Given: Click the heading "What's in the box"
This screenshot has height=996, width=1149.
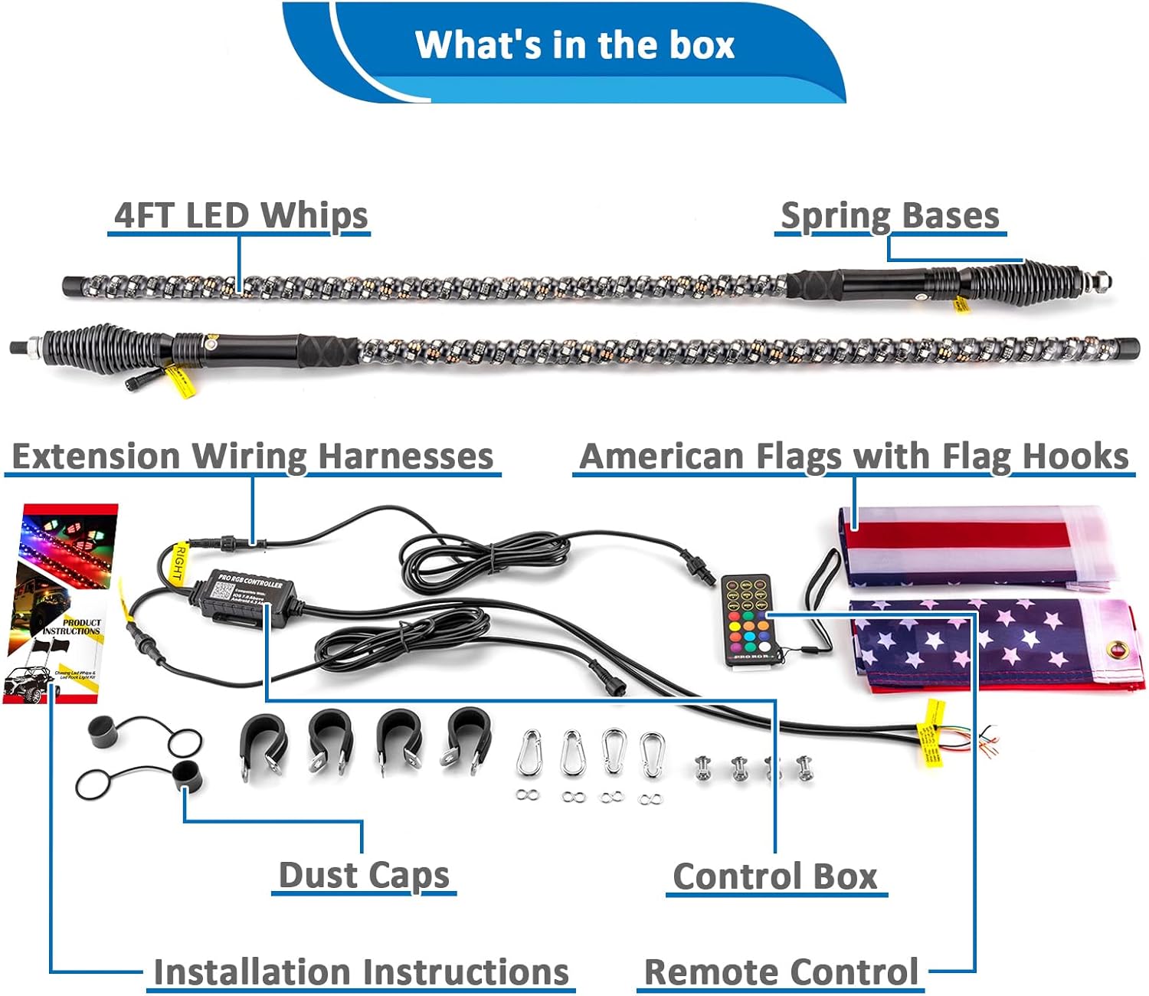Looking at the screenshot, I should pyautogui.click(x=574, y=44).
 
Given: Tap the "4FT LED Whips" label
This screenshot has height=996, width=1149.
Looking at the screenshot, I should pyautogui.click(x=241, y=215).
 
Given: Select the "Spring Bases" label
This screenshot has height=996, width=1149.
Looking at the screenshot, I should pyautogui.click(x=889, y=215).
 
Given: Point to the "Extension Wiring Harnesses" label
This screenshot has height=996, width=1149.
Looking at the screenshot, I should pyautogui.click(x=253, y=457).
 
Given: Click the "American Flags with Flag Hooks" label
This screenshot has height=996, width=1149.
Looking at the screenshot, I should pyautogui.click(x=854, y=457).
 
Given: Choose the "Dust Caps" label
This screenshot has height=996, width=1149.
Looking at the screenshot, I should pyautogui.click(x=364, y=875).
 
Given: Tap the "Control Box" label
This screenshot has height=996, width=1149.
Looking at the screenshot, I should pyautogui.click(x=775, y=876).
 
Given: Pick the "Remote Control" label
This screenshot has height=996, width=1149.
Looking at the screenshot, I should pyautogui.click(x=781, y=971).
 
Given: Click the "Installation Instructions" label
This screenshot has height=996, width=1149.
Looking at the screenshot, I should pyautogui.click(x=361, y=971).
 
